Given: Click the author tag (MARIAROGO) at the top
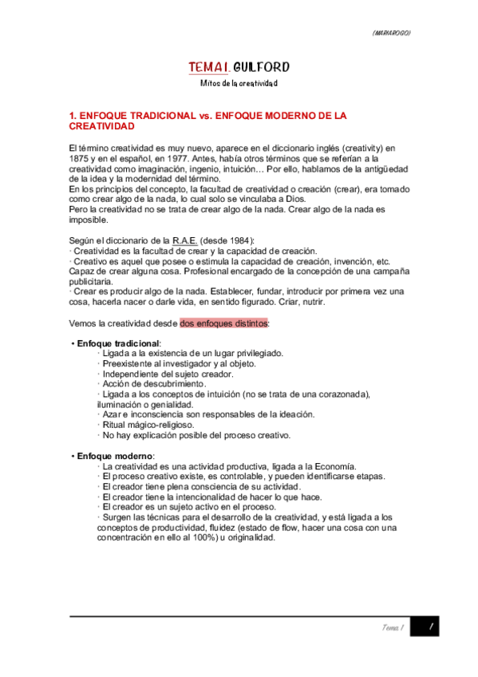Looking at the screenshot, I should click(x=392, y=33).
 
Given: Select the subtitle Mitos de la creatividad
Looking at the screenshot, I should click(x=239, y=83).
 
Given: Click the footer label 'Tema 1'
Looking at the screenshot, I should click(x=391, y=629).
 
